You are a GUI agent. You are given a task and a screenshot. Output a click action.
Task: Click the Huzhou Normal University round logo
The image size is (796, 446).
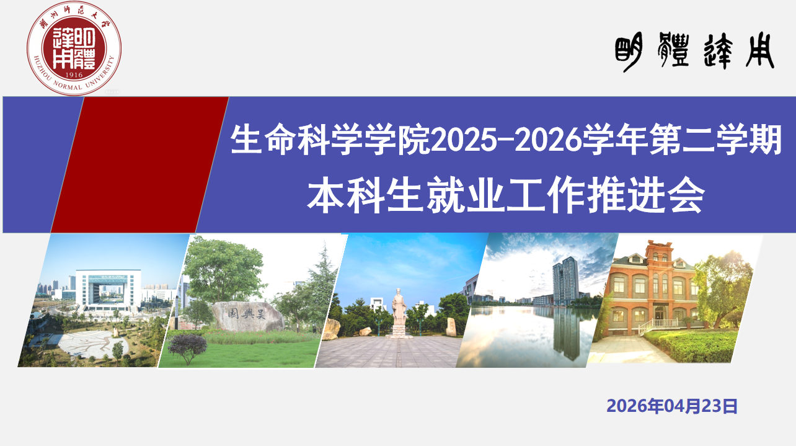point(73,48)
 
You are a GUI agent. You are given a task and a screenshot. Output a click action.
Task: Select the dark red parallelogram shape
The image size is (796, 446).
point(140,165)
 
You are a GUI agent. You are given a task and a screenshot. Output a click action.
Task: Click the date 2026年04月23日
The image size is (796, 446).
point(672,406)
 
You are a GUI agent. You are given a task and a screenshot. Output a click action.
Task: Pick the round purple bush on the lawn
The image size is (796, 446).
point(187,346)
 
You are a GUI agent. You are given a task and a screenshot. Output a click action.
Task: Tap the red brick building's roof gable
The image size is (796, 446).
point(658,251)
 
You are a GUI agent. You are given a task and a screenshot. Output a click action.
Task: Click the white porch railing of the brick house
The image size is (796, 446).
point(658,324)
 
